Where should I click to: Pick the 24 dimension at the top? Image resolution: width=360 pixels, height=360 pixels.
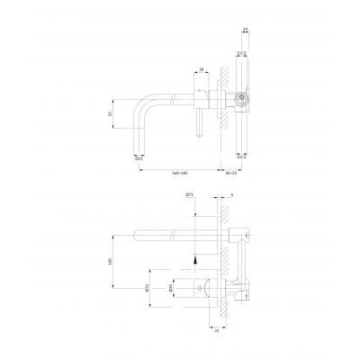(246, 30)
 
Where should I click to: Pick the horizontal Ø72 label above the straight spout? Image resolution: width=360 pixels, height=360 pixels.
(191, 195)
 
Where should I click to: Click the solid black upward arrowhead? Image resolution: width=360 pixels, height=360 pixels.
(193, 256)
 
